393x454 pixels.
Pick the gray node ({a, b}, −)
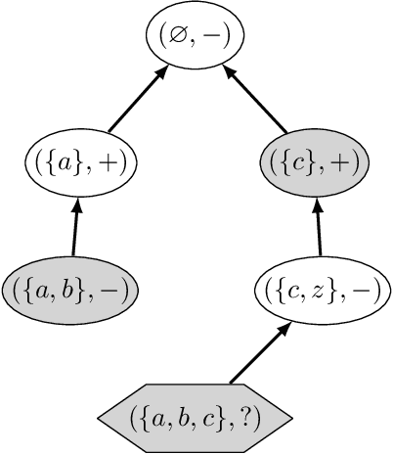tap(69, 289)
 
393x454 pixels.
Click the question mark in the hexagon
tap(252, 417)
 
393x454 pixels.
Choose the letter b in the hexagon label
tap(192, 417)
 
